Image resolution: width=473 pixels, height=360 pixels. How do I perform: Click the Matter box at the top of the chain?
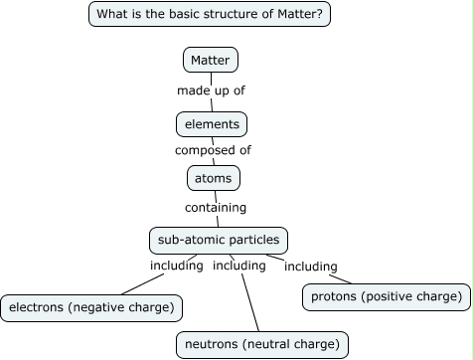tap(211, 61)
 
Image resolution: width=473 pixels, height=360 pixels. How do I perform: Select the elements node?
tap(211, 124)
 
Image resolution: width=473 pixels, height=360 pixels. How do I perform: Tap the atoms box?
tap(213, 178)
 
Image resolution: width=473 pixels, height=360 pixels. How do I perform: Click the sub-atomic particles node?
tap(219, 240)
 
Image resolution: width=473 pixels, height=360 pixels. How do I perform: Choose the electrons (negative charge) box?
tap(90, 307)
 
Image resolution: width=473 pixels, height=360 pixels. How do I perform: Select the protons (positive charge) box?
tap(386, 296)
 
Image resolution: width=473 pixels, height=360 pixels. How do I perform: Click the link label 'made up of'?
tap(211, 90)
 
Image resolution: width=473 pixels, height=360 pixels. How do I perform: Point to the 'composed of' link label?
tap(213, 150)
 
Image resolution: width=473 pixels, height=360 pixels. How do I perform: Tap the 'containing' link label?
tap(216, 208)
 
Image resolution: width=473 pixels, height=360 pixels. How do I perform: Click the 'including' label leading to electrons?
tap(176, 266)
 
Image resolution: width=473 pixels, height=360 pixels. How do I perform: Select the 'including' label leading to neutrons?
tap(239, 266)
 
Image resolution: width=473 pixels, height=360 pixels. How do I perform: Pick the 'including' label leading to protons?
tap(311, 267)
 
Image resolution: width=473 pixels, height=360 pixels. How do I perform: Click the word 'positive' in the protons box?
tap(395, 296)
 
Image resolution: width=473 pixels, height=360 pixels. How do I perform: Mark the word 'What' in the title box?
tap(112, 14)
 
